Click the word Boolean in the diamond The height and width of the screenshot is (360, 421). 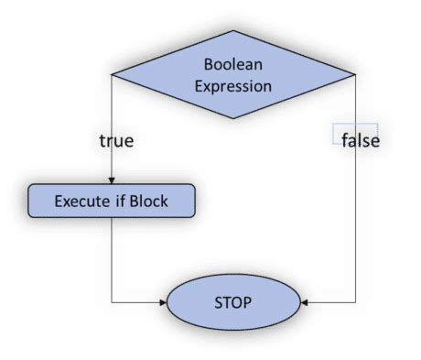[232, 65]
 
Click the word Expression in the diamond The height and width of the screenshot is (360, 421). [232, 87]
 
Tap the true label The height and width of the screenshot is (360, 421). [116, 141]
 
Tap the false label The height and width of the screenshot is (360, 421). [360, 141]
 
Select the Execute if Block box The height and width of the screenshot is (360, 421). [112, 201]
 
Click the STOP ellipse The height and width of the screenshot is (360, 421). [233, 301]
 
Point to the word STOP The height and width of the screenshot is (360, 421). [233, 301]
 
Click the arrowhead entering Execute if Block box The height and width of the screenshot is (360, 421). [111, 180]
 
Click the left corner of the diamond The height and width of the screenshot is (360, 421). [112, 75]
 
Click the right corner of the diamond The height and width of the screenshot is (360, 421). [355, 75]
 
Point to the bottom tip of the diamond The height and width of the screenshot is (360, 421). [233, 118]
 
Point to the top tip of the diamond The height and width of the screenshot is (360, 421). [233, 32]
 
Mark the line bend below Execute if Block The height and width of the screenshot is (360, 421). [111, 301]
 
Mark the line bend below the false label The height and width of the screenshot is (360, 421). [355, 301]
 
